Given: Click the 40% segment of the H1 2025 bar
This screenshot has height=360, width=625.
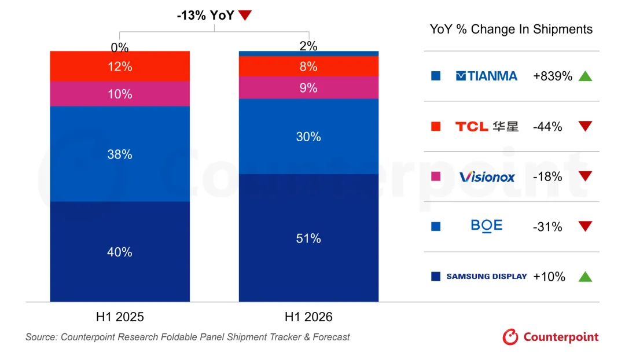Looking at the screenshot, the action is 120,252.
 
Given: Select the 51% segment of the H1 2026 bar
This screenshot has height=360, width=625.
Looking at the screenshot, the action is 308,238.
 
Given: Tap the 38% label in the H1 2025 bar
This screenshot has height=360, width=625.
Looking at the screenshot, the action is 120,155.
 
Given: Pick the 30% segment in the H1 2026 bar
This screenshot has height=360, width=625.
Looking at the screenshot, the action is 308,137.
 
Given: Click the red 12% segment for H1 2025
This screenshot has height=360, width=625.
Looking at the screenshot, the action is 120,66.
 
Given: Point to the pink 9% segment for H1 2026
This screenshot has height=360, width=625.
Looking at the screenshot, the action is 308,88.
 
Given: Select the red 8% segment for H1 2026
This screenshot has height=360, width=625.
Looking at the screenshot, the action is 308,66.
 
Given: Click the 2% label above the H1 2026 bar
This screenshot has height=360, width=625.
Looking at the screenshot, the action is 308,46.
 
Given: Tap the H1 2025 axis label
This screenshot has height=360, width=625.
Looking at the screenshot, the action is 120,317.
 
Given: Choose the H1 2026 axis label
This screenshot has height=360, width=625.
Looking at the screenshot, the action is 308,317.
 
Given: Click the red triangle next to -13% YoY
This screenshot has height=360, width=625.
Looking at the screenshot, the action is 245,15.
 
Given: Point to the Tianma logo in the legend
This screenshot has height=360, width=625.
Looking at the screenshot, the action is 486,76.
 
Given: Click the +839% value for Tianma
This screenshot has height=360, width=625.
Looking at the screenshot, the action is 553,76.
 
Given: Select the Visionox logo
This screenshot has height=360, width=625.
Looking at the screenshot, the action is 487,177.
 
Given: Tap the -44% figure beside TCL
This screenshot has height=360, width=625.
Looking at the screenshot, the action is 547,126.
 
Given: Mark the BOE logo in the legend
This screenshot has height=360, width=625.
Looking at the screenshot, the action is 486,226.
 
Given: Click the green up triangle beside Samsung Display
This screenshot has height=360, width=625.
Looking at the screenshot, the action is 585,276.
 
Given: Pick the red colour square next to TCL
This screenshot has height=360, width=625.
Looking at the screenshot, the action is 436,126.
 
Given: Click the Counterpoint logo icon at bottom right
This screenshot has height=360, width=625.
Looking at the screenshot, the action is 510,337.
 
